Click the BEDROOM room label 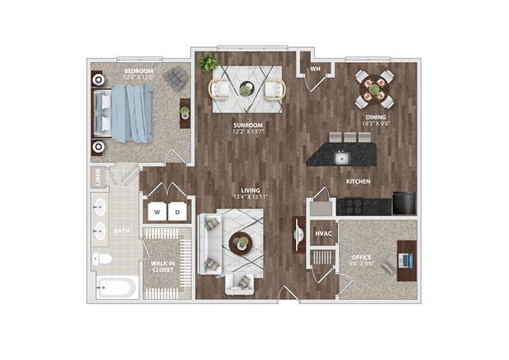click(139, 71)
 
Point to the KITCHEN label click(358, 182)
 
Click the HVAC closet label click(323, 233)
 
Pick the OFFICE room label click(361, 257)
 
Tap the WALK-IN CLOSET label click(163, 266)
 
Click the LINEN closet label click(98, 178)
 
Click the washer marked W click(157, 211)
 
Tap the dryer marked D click(178, 211)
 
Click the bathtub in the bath click(116, 287)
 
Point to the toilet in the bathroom click(103, 259)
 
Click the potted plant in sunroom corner click(208, 64)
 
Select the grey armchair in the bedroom click(176, 77)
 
